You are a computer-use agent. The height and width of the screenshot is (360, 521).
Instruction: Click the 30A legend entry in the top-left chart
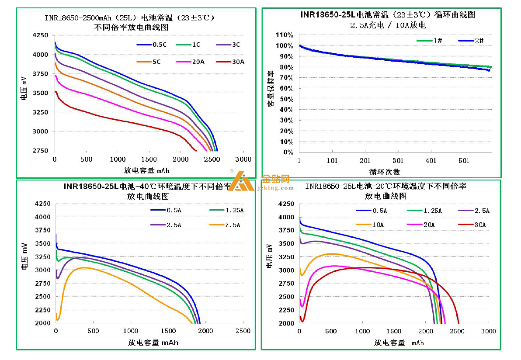tap(238, 62)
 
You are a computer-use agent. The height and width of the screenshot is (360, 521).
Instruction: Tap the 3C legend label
tap(236, 45)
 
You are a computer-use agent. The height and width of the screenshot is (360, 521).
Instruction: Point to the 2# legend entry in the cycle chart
tap(479, 41)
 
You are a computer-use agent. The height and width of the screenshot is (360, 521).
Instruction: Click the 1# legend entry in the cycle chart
tap(438, 41)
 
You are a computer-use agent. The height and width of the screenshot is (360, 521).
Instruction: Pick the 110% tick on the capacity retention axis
tap(284, 35)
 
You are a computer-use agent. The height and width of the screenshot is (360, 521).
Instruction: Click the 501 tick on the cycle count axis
tap(464, 161)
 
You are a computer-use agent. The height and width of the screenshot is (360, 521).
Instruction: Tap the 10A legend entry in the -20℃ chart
tap(378, 225)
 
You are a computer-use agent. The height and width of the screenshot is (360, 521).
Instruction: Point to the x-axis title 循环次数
tap(385, 172)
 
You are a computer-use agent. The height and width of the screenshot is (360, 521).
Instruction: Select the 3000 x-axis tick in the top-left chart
tap(244, 159)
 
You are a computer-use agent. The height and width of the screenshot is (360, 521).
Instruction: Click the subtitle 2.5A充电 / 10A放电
tap(388, 25)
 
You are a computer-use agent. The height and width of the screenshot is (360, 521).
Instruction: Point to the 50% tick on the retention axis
tap(286, 99)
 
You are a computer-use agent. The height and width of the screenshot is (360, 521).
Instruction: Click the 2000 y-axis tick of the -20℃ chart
tap(287, 323)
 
